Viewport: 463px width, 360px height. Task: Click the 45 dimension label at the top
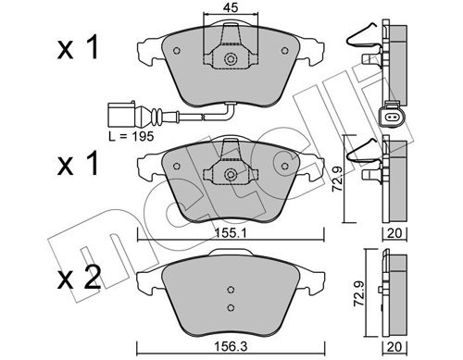(x=230, y=9)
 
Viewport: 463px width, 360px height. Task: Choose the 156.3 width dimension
(x=229, y=353)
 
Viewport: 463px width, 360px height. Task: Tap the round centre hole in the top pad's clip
(x=230, y=61)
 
